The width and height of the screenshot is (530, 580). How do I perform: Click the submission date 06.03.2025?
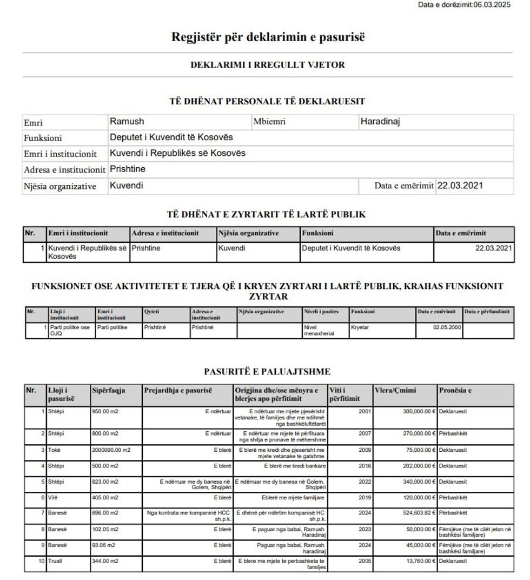pyautogui.click(x=492, y=5)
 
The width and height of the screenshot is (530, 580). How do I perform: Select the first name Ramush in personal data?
pyautogui.click(x=127, y=122)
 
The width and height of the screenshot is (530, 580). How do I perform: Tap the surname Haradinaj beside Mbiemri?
pyautogui.click(x=380, y=122)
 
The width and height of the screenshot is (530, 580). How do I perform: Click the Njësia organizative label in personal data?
pyautogui.click(x=60, y=187)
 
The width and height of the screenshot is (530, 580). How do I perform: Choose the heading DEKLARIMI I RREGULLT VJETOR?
pyautogui.click(x=268, y=65)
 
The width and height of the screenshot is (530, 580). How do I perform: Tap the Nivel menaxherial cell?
pyautogui.click(x=320, y=331)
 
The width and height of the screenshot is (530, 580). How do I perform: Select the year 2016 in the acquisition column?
pyautogui.click(x=365, y=465)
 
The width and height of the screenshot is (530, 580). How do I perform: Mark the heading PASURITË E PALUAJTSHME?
pyautogui.click(x=267, y=371)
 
